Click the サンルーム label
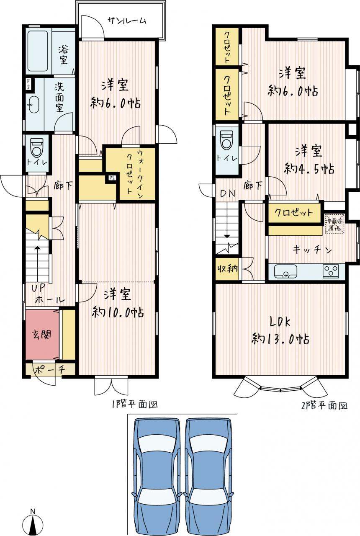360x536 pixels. (x=127, y=21)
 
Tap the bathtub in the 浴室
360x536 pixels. (x=38, y=51)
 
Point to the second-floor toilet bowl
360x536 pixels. (x=226, y=139)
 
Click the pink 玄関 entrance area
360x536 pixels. (x=42, y=335)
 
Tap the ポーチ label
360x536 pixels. (x=50, y=370)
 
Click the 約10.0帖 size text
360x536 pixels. (x=118, y=312)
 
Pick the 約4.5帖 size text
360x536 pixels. (x=309, y=169)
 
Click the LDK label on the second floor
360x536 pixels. (x=280, y=322)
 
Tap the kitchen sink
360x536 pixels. (x=285, y=271)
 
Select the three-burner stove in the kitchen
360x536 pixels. (x=331, y=271)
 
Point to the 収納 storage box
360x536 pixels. (x=227, y=269)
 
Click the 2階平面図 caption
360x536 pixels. (x=324, y=406)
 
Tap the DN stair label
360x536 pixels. (x=227, y=193)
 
